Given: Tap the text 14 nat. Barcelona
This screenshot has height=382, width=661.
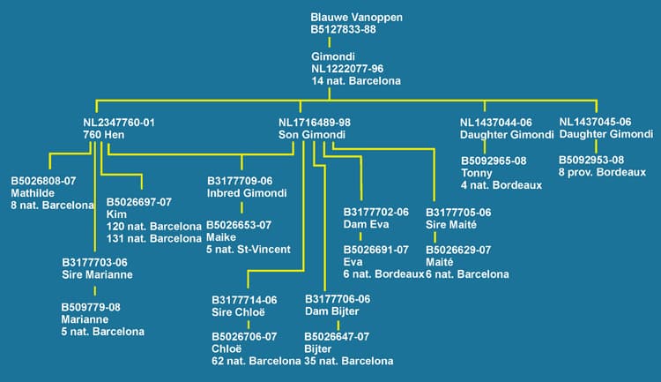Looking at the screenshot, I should (x=355, y=80).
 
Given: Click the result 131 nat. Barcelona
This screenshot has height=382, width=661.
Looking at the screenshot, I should (x=153, y=238).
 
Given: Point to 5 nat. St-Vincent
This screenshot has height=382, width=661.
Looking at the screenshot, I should (x=249, y=250).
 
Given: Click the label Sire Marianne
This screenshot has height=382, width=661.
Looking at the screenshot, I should (x=98, y=274).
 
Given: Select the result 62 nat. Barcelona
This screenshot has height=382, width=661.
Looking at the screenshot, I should (x=256, y=361).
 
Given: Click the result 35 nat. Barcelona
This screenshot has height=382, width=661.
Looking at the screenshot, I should (x=349, y=361).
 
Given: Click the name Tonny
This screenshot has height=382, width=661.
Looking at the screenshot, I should (x=477, y=173).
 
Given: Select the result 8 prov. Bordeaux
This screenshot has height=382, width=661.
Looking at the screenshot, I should (x=597, y=173).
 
